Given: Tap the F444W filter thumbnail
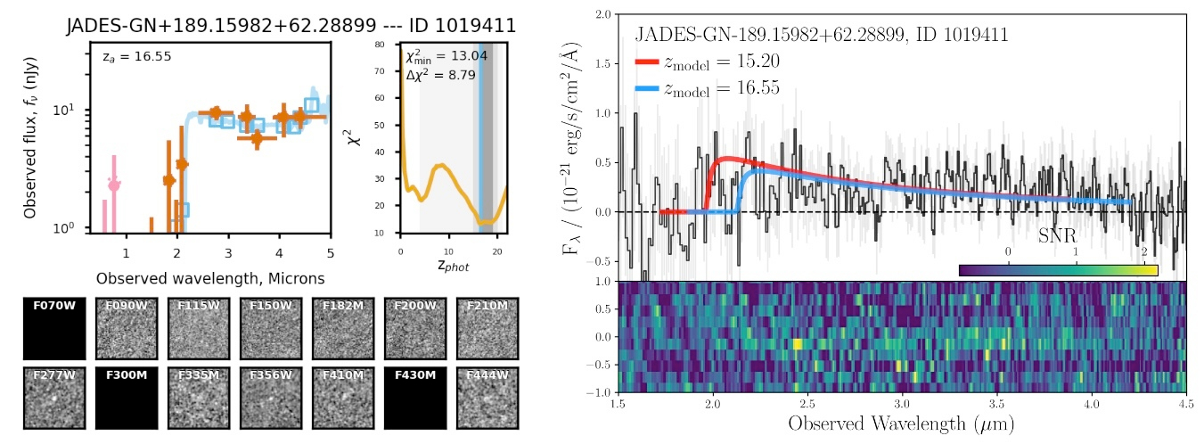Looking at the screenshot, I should click(487, 399).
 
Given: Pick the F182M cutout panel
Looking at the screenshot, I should click(342, 327).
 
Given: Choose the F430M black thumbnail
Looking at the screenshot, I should click(415, 399).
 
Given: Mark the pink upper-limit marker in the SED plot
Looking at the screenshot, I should click(114, 184).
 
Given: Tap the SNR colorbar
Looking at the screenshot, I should click(1058, 269).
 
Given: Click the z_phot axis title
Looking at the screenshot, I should click(453, 266).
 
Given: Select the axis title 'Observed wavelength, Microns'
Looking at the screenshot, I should click(210, 278).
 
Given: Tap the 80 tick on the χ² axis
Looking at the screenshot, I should click(390, 44).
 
